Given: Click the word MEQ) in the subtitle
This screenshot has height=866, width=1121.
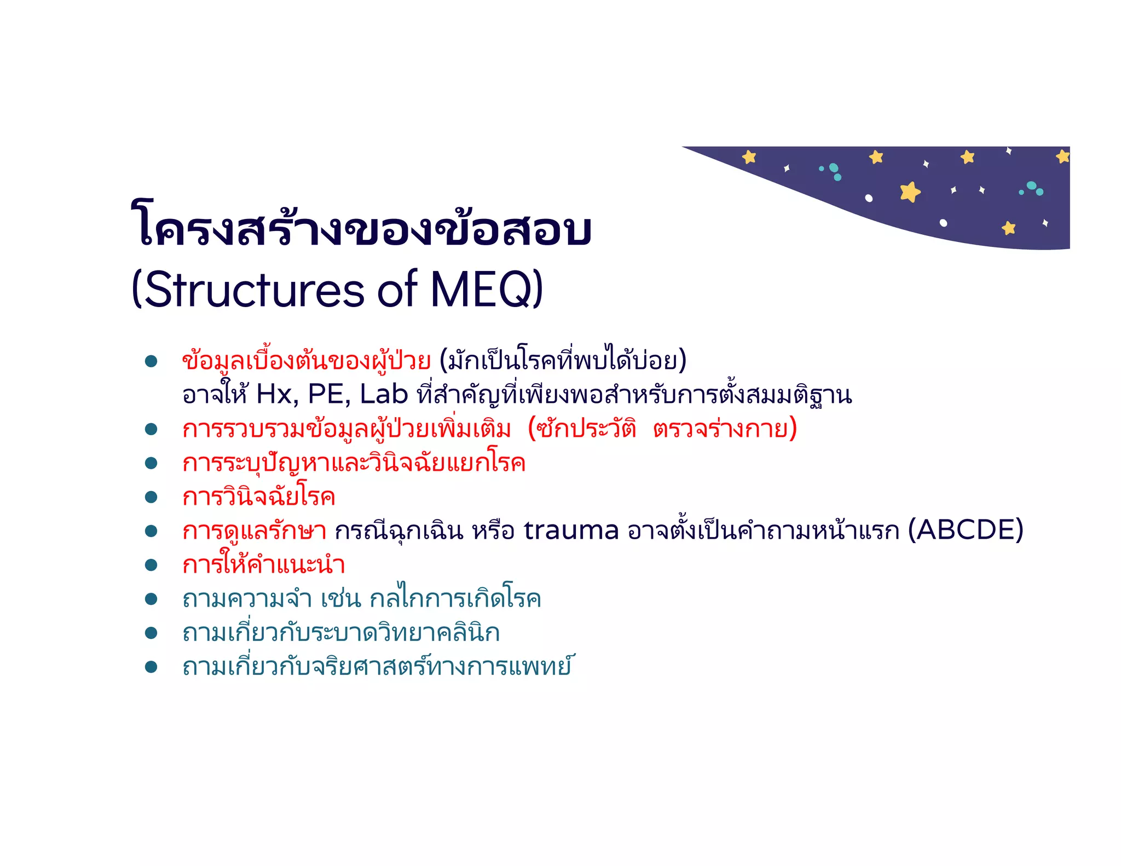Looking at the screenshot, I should tap(487, 289).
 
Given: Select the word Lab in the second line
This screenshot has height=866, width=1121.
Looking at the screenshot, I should tap(384, 394).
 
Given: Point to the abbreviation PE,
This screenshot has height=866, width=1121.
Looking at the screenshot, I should tap(329, 394).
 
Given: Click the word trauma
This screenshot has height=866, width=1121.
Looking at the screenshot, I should tap(571, 530).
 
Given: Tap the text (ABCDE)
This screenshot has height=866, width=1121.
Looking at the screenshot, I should tap(966, 529).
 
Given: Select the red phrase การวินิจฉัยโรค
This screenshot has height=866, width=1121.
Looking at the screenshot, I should tap(258, 497).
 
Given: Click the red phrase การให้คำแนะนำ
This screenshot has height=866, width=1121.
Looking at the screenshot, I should tap(263, 565).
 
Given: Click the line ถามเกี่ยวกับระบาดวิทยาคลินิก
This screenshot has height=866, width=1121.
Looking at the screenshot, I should tap(340, 633).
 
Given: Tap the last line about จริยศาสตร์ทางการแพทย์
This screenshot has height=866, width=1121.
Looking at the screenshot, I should tap(377, 667).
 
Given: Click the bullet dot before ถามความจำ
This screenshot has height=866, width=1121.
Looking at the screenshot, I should tap(151, 599).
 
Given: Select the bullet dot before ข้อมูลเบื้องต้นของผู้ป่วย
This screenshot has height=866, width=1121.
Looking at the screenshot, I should tap(151, 361).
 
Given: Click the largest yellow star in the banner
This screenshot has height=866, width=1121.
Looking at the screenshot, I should tap(910, 192).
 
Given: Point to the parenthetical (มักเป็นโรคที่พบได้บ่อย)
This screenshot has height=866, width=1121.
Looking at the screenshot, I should tap(563, 361).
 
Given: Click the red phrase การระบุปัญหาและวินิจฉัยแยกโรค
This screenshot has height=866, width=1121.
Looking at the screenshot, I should tap(354, 463).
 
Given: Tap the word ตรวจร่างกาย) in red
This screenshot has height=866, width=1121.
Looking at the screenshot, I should tap(725, 429).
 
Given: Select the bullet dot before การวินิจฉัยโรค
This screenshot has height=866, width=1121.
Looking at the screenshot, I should tap(151, 497).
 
